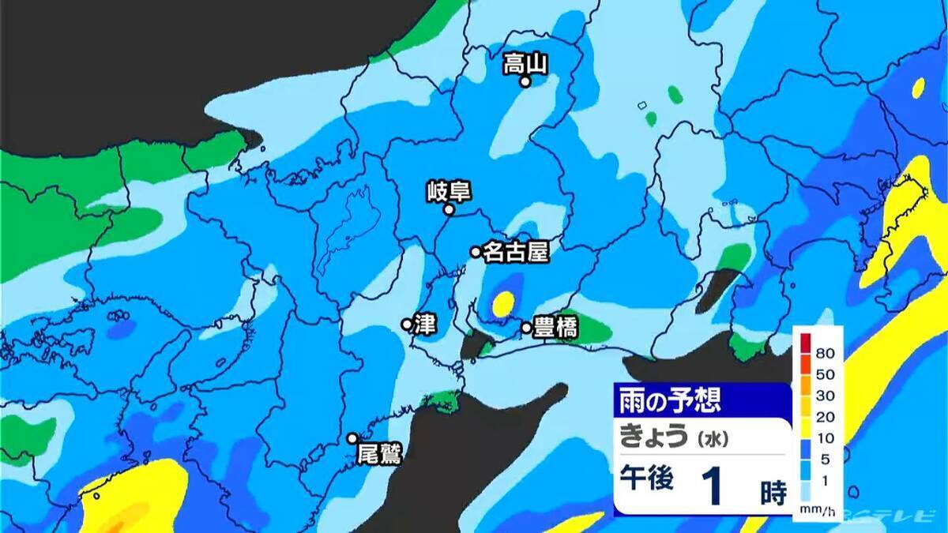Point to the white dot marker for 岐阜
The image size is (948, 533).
[449, 210]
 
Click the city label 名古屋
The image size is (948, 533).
[515, 252]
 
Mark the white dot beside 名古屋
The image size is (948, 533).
[476, 252]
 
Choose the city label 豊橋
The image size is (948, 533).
[557, 327]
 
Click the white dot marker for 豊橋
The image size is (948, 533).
[526, 327]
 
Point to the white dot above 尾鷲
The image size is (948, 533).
[352, 438]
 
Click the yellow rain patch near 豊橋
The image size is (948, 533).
[503, 303]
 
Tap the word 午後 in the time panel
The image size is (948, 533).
[645, 479]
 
